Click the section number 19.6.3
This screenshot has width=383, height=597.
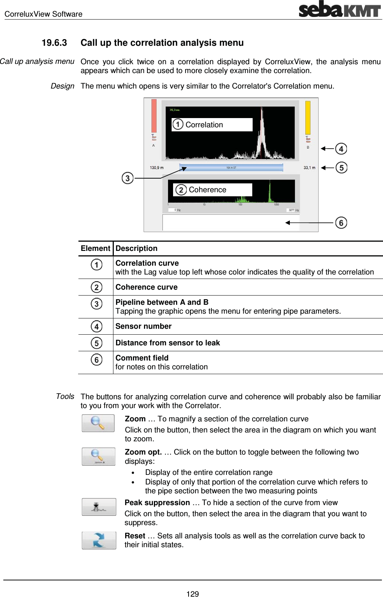54,43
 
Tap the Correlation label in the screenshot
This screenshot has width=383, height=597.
204,125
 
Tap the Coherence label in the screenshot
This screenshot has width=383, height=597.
207,190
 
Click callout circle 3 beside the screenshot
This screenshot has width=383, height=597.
127,178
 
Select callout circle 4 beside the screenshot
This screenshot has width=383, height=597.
341,149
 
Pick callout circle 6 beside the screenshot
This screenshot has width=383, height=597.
341,223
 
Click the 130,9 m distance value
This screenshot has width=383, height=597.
157,168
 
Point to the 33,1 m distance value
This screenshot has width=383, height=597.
309,168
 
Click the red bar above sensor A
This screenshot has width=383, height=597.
154,115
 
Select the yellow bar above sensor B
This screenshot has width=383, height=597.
308,117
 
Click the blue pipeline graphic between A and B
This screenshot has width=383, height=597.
231,168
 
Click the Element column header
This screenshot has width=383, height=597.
95,248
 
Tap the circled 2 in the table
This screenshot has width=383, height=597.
96,287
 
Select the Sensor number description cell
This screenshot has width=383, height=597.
144,326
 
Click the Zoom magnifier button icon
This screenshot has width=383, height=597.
98,423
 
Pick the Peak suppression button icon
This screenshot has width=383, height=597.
99,507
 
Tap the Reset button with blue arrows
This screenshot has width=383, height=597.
99,540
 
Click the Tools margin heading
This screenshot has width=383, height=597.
65,396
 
